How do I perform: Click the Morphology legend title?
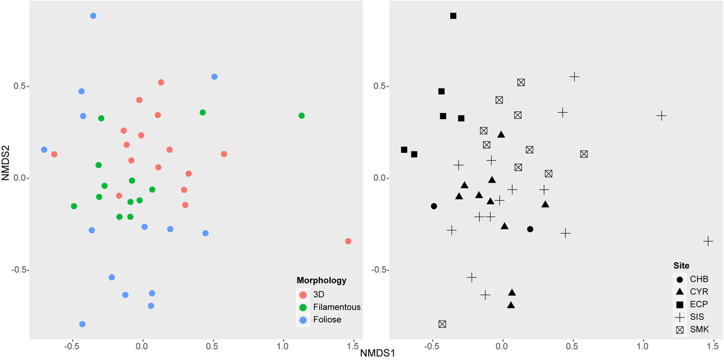pyautogui.click(x=321, y=280)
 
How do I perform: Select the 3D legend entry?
pyautogui.click(x=315, y=294)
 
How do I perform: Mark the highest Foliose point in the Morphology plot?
pyautogui.click(x=93, y=16)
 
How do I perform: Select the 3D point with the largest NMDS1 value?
pyautogui.click(x=348, y=241)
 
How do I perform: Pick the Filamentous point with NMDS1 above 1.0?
pyautogui.click(x=301, y=115)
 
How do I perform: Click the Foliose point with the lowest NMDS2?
pyautogui.click(x=82, y=324)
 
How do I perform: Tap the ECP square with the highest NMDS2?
pyautogui.click(x=453, y=16)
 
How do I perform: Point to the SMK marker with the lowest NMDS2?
pyautogui.click(x=442, y=324)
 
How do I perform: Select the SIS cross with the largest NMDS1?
pyautogui.click(x=708, y=241)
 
